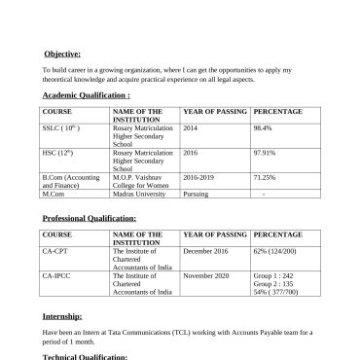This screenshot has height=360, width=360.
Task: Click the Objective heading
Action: [62, 54]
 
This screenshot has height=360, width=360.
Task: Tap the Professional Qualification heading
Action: [90, 219]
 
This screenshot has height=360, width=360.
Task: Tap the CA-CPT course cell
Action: [55, 251]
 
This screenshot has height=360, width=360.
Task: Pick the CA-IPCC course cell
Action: [57, 276]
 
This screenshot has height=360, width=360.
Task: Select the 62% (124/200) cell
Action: [275, 251]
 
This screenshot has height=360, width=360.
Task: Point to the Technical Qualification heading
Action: [86, 356]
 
